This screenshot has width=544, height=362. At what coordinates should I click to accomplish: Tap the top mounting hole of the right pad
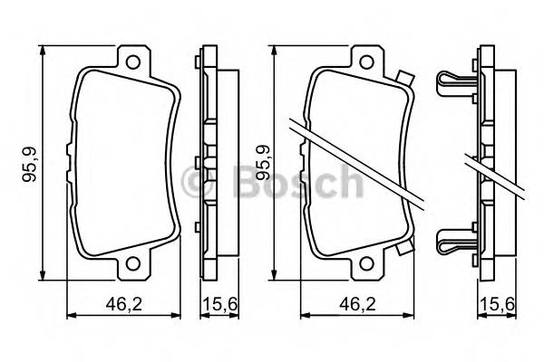(x=367, y=63)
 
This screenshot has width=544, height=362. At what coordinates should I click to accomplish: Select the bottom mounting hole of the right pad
(x=367, y=265)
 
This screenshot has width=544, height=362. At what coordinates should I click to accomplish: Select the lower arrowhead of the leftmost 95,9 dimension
(x=44, y=276)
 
